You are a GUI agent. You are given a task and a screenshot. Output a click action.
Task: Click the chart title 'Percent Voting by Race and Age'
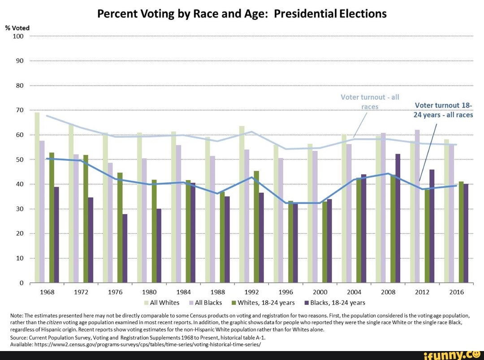tap(242, 13)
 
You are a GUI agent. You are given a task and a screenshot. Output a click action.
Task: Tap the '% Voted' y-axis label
tap(17, 28)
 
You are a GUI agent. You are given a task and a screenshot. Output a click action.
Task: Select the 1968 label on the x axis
tap(47, 292)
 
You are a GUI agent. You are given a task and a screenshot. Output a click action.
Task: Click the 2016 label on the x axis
tap(456, 292)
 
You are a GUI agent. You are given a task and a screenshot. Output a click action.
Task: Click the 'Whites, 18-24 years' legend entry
tap(263, 303)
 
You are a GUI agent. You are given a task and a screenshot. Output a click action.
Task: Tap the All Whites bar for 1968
tap(37, 197)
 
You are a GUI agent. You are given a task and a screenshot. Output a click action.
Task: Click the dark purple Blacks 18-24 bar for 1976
tap(125, 249)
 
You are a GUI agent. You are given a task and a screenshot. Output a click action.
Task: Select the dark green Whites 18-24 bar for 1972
tap(86, 219)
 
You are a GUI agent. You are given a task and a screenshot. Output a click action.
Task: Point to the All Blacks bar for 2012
tap(417, 206)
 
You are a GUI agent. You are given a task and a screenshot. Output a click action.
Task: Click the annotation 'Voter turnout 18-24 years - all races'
tap(443, 110)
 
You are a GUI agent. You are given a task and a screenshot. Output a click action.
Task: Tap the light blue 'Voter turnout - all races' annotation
tap(370, 101)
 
